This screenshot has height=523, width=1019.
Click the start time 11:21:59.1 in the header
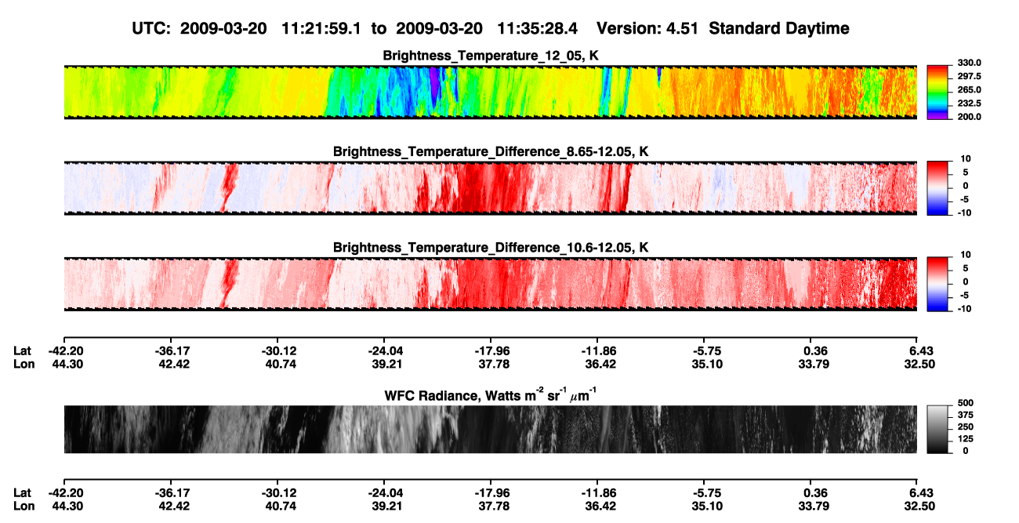click(x=321, y=29)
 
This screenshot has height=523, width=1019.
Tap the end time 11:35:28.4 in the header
click(x=537, y=29)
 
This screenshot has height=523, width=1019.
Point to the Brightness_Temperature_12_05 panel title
click(x=491, y=56)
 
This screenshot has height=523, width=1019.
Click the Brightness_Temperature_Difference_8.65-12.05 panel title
click(x=491, y=151)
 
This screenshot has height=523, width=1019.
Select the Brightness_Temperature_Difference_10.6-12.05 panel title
click(x=491, y=248)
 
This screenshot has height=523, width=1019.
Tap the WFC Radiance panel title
click(x=491, y=395)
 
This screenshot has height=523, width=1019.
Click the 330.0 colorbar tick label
click(x=969, y=63)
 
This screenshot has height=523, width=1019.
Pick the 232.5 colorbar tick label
click(x=969, y=104)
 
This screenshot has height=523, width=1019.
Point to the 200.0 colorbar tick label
click(x=969, y=117)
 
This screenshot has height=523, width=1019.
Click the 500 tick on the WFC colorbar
click(x=966, y=403)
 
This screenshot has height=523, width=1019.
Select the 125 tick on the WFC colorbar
click(x=966, y=439)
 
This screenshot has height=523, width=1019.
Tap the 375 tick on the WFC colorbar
click(x=966, y=415)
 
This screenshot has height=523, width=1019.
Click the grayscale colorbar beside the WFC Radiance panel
click(x=937, y=429)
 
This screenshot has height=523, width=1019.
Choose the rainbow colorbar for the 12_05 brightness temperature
click(x=937, y=93)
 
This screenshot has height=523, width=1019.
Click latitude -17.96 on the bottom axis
click(x=492, y=493)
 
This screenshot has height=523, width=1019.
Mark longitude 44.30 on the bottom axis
click(x=67, y=507)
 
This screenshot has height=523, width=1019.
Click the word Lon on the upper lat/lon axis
click(x=24, y=364)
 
